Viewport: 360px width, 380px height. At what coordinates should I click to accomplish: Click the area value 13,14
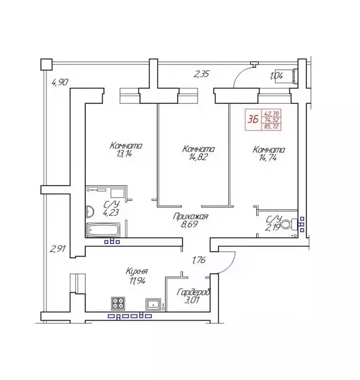[125, 154]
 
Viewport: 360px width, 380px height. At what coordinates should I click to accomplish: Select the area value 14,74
[268, 158]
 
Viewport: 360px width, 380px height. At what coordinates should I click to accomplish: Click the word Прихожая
[190, 216]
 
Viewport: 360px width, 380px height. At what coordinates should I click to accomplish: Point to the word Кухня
[137, 272]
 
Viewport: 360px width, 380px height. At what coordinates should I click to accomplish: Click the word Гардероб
[194, 293]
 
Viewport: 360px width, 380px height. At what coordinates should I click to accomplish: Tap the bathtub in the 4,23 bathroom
[103, 230]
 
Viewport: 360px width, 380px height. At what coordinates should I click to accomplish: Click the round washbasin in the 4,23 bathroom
[90, 211]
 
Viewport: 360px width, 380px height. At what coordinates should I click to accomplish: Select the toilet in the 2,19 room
[295, 222]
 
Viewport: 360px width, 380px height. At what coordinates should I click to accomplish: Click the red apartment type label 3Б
[253, 119]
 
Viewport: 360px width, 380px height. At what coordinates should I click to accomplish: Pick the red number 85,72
[270, 126]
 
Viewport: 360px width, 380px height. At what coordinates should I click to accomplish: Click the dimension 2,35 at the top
[202, 75]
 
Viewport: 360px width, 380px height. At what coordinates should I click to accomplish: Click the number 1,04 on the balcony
[276, 76]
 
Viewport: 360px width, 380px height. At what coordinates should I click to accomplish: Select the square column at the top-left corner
[46, 63]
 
